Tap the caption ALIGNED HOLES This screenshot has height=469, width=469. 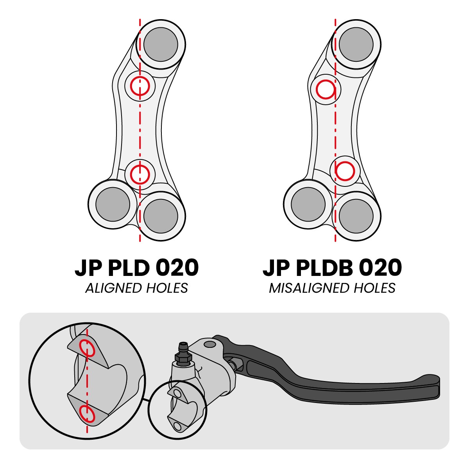coord(136,288)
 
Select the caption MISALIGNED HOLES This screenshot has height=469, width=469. coord(332,288)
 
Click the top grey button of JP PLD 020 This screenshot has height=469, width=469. coord(161,44)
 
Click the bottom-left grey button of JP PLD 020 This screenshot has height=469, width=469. coord(113,204)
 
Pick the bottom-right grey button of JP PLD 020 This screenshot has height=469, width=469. coord(161,217)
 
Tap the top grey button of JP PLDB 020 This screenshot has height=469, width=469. coord(356,44)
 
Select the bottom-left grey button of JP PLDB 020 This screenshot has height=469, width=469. coord(308,204)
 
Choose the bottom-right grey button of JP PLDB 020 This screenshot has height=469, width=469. coord(356,217)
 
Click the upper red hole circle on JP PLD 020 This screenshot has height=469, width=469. coord(140,86)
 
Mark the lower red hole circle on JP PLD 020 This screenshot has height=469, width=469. coord(140,174)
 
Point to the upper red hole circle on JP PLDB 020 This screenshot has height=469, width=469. coord(326,90)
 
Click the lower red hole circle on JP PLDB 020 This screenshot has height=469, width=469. coord(345,171)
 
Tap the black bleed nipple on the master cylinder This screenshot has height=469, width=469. coord(184,353)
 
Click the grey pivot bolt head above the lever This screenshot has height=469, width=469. coord(210,344)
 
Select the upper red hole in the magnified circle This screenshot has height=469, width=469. coord(88,347)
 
